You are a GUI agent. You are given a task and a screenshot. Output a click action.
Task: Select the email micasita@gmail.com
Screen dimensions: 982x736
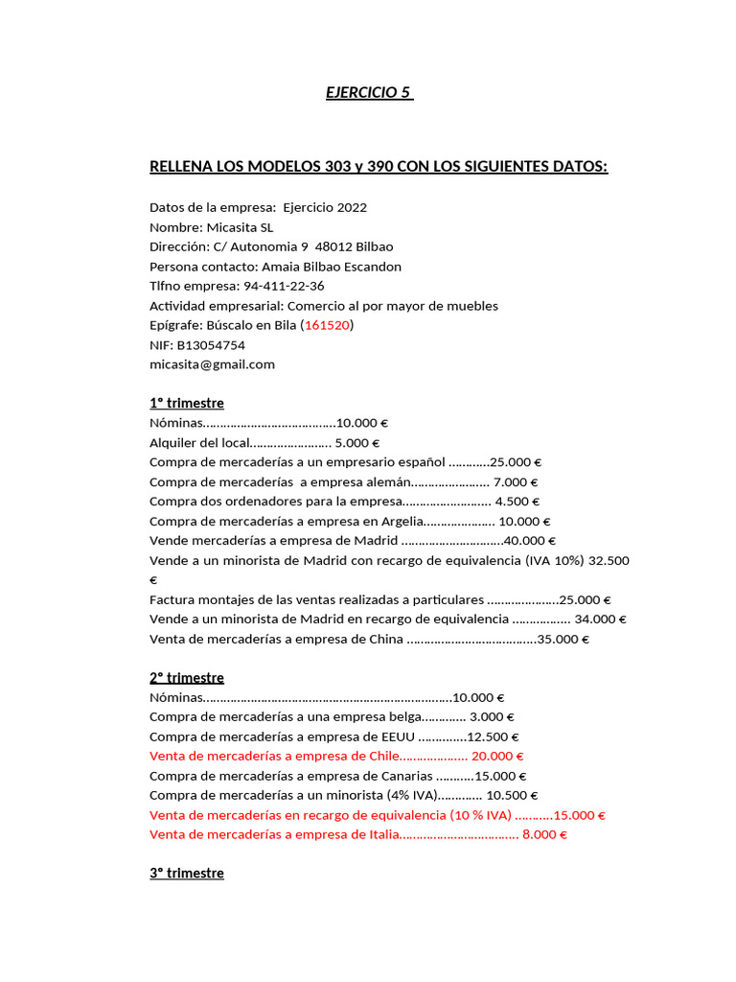click(x=212, y=364)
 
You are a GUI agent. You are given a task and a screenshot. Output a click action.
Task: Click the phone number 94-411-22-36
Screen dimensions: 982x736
click(x=284, y=286)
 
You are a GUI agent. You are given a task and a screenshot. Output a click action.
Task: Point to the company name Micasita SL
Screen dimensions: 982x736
click(x=240, y=227)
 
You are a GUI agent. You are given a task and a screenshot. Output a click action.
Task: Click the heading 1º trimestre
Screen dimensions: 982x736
click(x=187, y=403)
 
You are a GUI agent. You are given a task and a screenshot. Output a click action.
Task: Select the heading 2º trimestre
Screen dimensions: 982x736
click(x=187, y=678)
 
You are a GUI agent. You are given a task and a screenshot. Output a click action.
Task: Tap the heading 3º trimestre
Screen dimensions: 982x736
click(x=187, y=874)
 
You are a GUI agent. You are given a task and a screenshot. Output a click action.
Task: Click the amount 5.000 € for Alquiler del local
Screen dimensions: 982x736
click(x=357, y=442)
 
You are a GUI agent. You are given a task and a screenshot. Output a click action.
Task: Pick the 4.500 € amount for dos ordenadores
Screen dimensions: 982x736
click(x=517, y=501)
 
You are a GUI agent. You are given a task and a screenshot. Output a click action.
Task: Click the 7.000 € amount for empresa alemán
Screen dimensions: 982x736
click(x=516, y=481)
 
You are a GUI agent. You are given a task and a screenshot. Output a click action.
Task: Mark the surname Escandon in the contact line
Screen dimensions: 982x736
click(x=368, y=267)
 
